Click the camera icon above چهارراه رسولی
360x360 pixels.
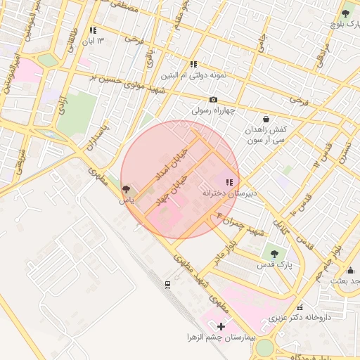(213, 100)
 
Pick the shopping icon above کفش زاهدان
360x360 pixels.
(266, 119)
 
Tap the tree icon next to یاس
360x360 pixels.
(126, 190)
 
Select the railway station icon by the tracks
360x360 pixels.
(167, 285)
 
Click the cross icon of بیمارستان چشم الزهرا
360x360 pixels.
(221, 326)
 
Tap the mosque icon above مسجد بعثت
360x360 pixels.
(351, 270)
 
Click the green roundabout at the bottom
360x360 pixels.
(264, 348)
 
